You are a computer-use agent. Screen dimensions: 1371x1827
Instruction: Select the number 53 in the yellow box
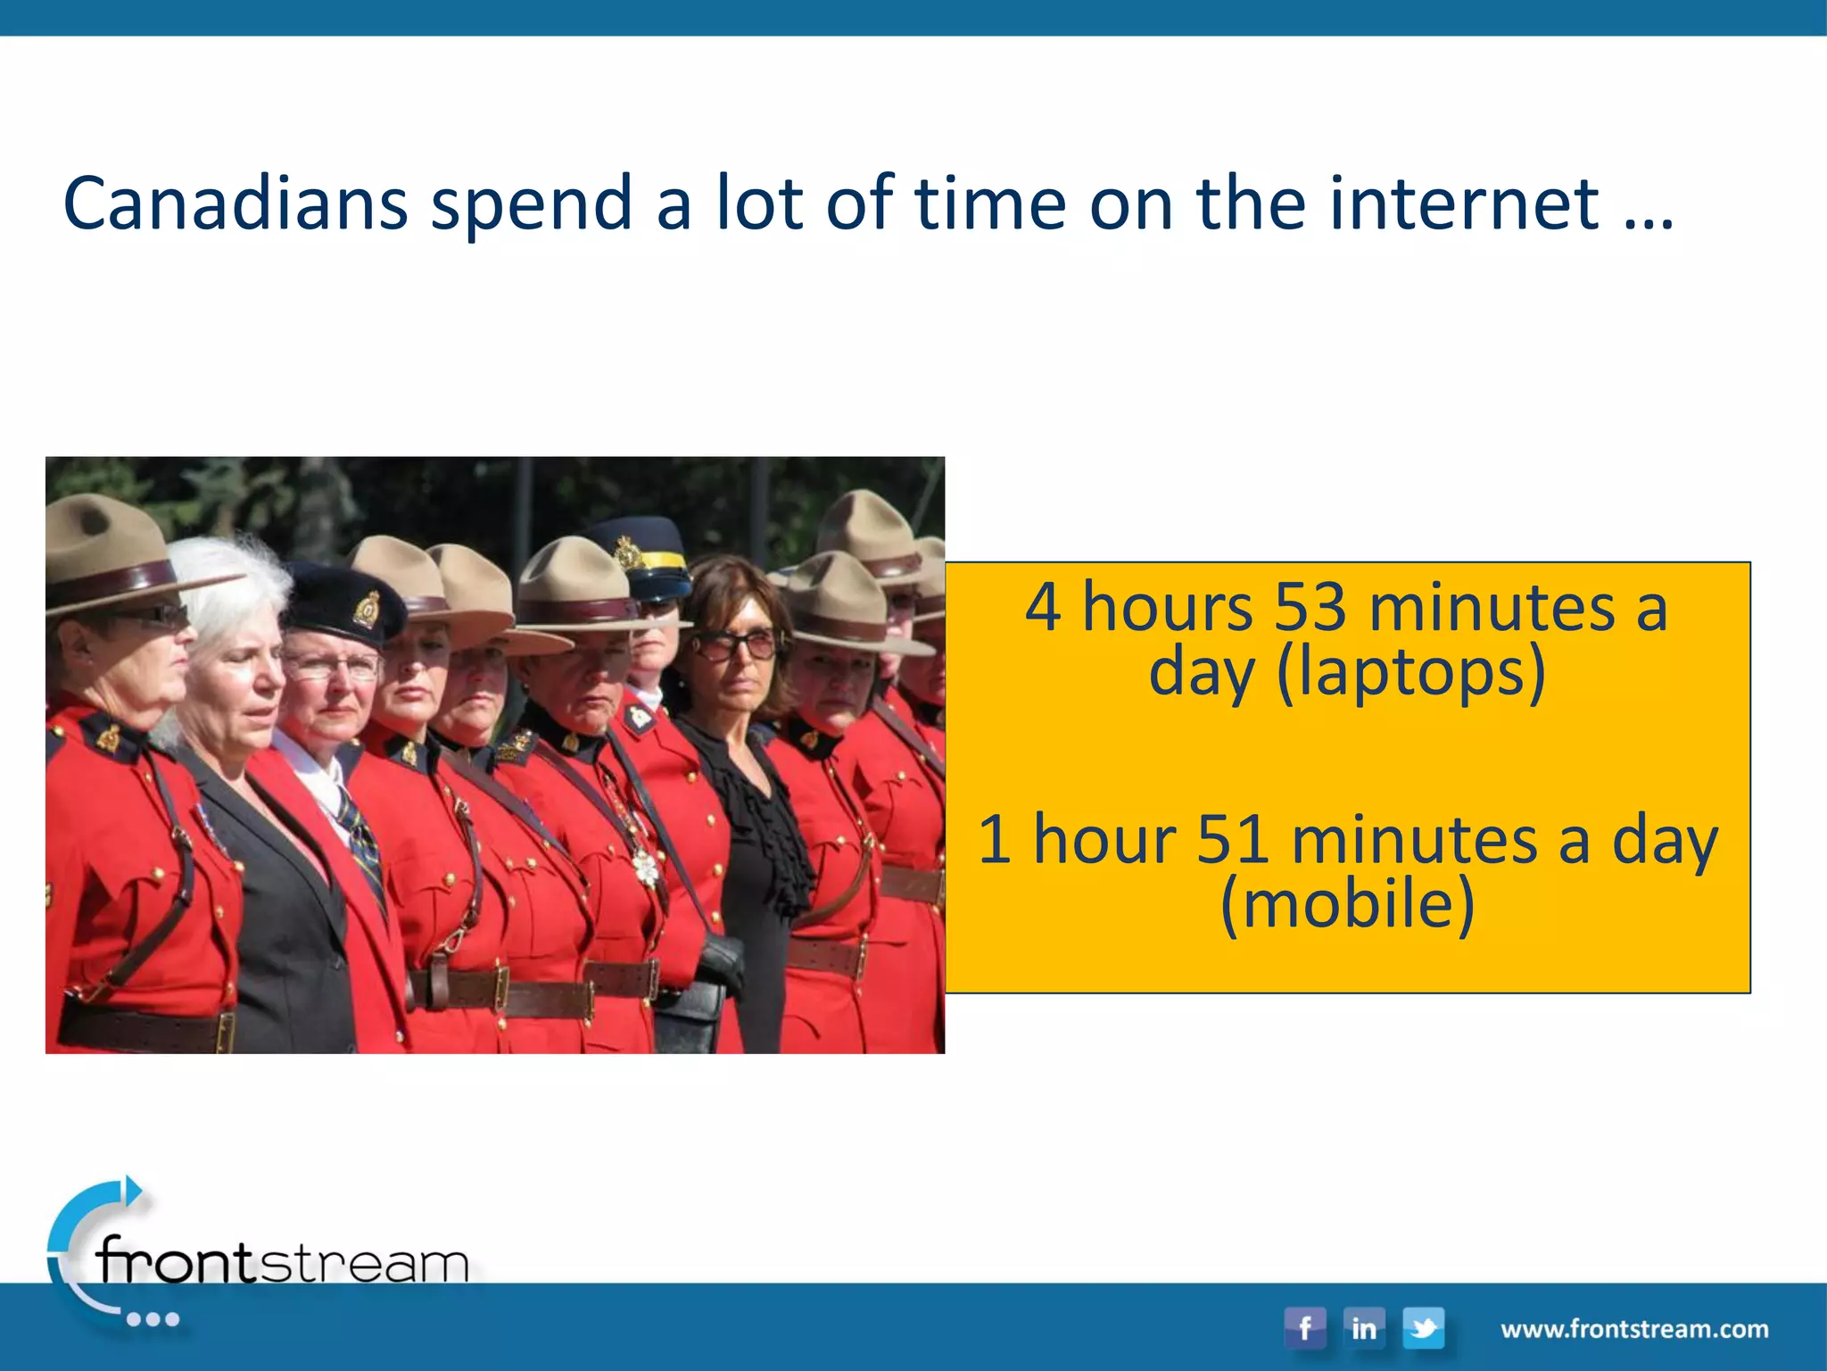pos(1309,608)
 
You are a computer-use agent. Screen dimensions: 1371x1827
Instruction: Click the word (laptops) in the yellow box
pos(1410,672)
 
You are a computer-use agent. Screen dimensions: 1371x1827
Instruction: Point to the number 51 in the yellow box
pos(1232,840)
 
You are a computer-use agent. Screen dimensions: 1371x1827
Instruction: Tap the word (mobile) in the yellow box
pos(1347,904)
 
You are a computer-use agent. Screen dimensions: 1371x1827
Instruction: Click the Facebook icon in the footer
pos(1304,1328)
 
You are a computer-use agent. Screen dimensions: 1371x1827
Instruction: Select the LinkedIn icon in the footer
pos(1363,1328)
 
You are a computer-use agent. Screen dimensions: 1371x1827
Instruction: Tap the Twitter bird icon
pos(1423,1328)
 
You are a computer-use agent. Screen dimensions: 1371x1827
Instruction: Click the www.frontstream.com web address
pos(1634,1329)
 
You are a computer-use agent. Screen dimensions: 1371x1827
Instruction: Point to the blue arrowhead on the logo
pos(133,1190)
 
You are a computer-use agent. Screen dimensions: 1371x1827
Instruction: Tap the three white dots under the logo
pos(153,1319)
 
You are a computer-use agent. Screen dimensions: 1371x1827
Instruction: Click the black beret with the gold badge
pos(343,600)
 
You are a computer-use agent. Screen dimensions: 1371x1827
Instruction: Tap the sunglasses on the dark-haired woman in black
pos(733,644)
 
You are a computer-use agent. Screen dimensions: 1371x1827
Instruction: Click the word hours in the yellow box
pos(1168,608)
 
